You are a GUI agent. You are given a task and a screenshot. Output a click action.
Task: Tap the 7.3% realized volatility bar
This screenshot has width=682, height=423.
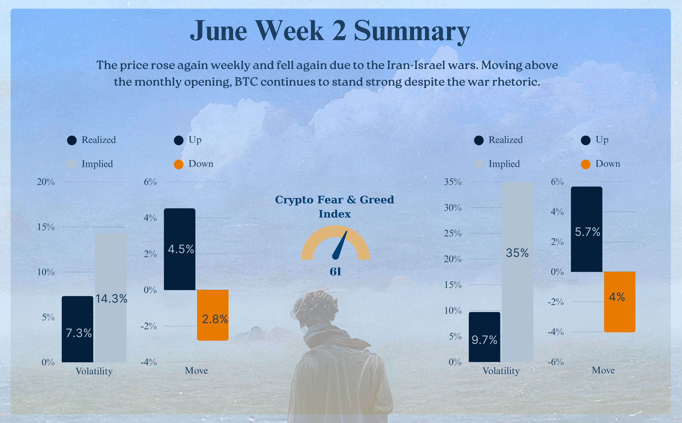tap(78, 329)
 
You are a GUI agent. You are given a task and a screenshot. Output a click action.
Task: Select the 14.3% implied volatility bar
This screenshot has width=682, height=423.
tap(111, 298)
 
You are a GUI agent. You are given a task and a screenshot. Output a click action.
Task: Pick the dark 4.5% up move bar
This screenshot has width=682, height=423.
tap(180, 249)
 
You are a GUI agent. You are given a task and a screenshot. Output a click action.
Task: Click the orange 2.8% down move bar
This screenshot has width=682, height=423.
tap(213, 315)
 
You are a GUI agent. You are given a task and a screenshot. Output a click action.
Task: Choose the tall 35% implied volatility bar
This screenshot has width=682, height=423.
tap(518, 271)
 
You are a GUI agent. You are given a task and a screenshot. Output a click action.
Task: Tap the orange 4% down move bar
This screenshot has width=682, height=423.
tap(620, 302)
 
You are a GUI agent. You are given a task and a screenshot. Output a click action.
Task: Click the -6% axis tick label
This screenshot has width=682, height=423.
tap(556, 362)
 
